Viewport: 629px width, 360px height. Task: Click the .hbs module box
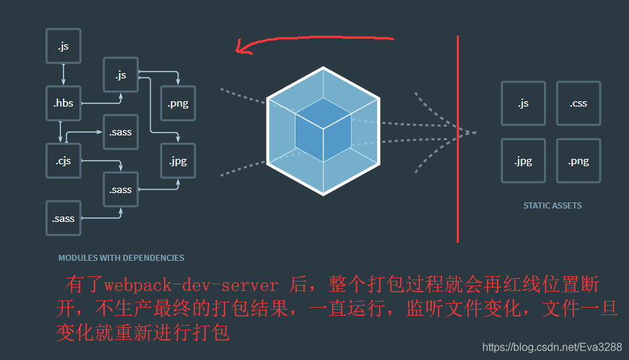pyautogui.click(x=64, y=103)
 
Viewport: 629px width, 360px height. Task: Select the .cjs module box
pyautogui.click(x=63, y=161)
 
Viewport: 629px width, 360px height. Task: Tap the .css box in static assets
pyautogui.click(x=578, y=103)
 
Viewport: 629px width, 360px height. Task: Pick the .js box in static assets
pyautogui.click(x=523, y=103)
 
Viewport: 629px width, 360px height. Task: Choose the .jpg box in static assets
pyautogui.click(x=523, y=161)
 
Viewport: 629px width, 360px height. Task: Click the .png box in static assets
pyautogui.click(x=578, y=161)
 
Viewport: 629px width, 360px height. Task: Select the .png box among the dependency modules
pyautogui.click(x=178, y=103)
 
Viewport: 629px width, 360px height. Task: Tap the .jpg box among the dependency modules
pyautogui.click(x=178, y=161)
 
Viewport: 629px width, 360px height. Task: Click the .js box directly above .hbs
pyautogui.click(x=63, y=46)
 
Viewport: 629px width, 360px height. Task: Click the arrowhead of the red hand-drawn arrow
pyautogui.click(x=238, y=47)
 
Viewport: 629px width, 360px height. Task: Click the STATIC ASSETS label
pyautogui.click(x=553, y=206)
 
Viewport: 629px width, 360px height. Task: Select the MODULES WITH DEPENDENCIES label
pyautogui.click(x=121, y=257)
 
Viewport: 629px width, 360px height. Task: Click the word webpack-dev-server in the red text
pyautogui.click(x=191, y=286)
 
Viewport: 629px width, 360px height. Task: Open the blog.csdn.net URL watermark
pyautogui.click(x=553, y=347)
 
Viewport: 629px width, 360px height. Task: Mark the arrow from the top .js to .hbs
pyautogui.click(x=64, y=74)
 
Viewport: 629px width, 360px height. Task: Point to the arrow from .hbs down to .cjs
pyautogui.click(x=61, y=132)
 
